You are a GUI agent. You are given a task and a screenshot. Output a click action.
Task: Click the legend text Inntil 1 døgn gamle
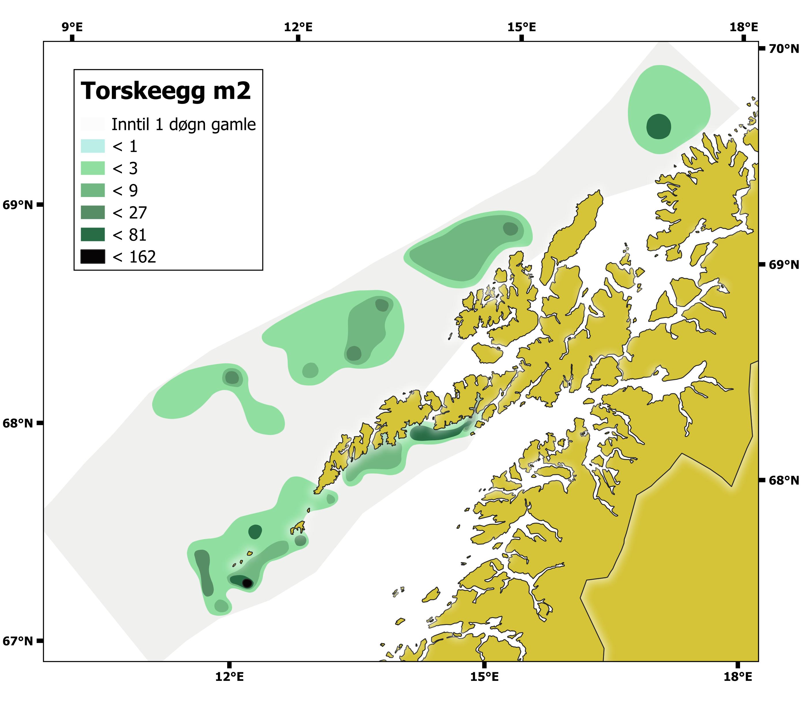pos(184,124)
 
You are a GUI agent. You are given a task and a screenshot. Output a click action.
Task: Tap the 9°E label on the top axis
pos(72,27)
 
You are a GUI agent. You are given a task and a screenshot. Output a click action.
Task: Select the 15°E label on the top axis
pos(522,27)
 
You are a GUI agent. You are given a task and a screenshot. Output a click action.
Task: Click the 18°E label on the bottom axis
pos(738,677)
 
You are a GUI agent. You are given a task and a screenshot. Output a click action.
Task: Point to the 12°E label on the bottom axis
pos(229,677)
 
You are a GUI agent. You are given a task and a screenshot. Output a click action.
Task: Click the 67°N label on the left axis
pos(18,641)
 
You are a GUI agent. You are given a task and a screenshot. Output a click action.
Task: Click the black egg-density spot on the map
pos(247,583)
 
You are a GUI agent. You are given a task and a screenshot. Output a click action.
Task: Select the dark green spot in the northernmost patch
pos(658,126)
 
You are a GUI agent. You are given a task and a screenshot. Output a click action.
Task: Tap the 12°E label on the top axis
pos(298,27)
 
